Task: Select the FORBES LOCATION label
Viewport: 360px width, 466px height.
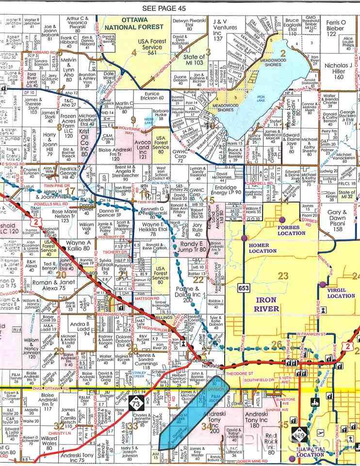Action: [x=291, y=230]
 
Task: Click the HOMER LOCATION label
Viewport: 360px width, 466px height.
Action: [x=262, y=248]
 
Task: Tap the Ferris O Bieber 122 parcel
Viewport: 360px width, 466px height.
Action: [x=339, y=28]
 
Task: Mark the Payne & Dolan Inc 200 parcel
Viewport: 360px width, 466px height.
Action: [x=187, y=294]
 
